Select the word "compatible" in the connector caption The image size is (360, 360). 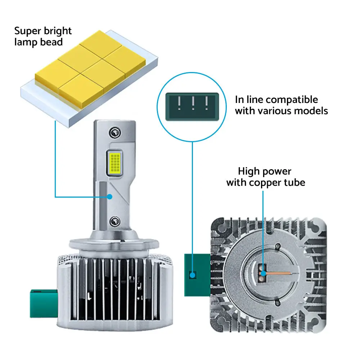[x=292, y=100]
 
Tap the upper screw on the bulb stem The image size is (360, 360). [x=115, y=133]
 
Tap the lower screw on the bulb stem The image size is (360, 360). [x=115, y=221]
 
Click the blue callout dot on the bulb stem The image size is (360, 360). [x=110, y=197]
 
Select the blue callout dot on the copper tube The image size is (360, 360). [x=263, y=274]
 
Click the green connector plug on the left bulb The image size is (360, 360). [x=44, y=303]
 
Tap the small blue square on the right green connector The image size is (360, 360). [x=192, y=275]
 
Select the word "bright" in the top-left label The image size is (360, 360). [x=57, y=31]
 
